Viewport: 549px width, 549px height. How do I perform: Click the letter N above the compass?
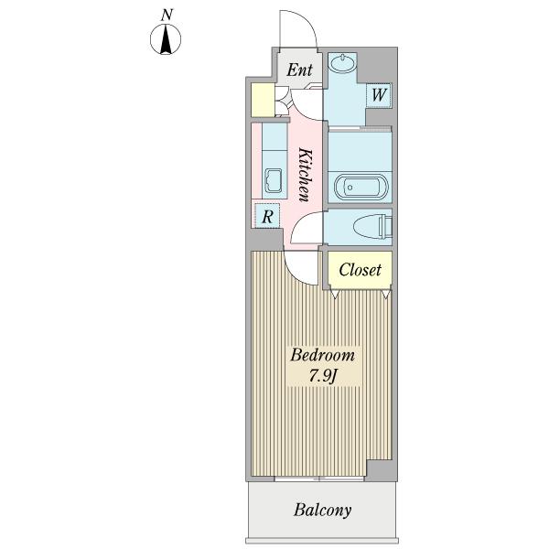[x=167, y=16]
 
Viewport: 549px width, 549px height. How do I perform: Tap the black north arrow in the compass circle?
[x=166, y=42]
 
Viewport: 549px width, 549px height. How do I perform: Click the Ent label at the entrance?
[x=299, y=70]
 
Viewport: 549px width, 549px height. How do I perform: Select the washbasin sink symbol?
[x=343, y=63]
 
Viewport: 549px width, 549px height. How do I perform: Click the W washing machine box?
[x=379, y=95]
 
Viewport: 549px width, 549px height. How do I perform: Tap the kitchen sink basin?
[x=274, y=180]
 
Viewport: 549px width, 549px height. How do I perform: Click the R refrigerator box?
[x=267, y=216]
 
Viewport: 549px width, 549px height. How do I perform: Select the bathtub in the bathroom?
[x=361, y=188]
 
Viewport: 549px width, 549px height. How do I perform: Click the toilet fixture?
[x=372, y=227]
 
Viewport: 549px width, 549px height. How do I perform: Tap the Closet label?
[x=360, y=270]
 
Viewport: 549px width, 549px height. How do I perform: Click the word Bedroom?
[x=322, y=355]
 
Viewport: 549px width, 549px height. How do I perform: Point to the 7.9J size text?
[x=323, y=376]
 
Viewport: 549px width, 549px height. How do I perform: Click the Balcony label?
[x=322, y=511]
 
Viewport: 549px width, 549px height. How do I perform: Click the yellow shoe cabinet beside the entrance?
[x=263, y=100]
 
